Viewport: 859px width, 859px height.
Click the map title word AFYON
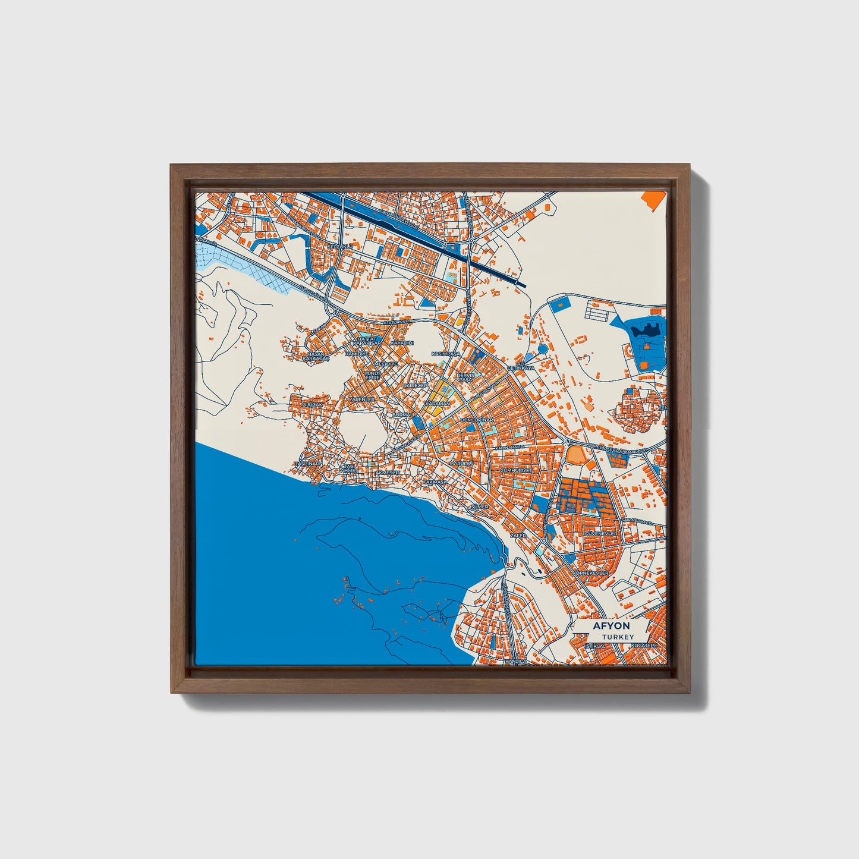point(611,627)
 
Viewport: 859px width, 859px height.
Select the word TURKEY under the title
point(613,637)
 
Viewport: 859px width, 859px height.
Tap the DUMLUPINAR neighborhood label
point(477,420)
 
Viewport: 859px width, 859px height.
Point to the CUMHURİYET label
point(519,470)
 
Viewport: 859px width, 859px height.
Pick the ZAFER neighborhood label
point(519,535)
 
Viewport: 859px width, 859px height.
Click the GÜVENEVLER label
point(602,534)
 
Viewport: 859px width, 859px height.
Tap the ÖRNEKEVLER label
point(592,572)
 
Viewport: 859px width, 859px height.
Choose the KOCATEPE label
point(644,645)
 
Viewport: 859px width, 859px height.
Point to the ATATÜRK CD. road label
point(397,322)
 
